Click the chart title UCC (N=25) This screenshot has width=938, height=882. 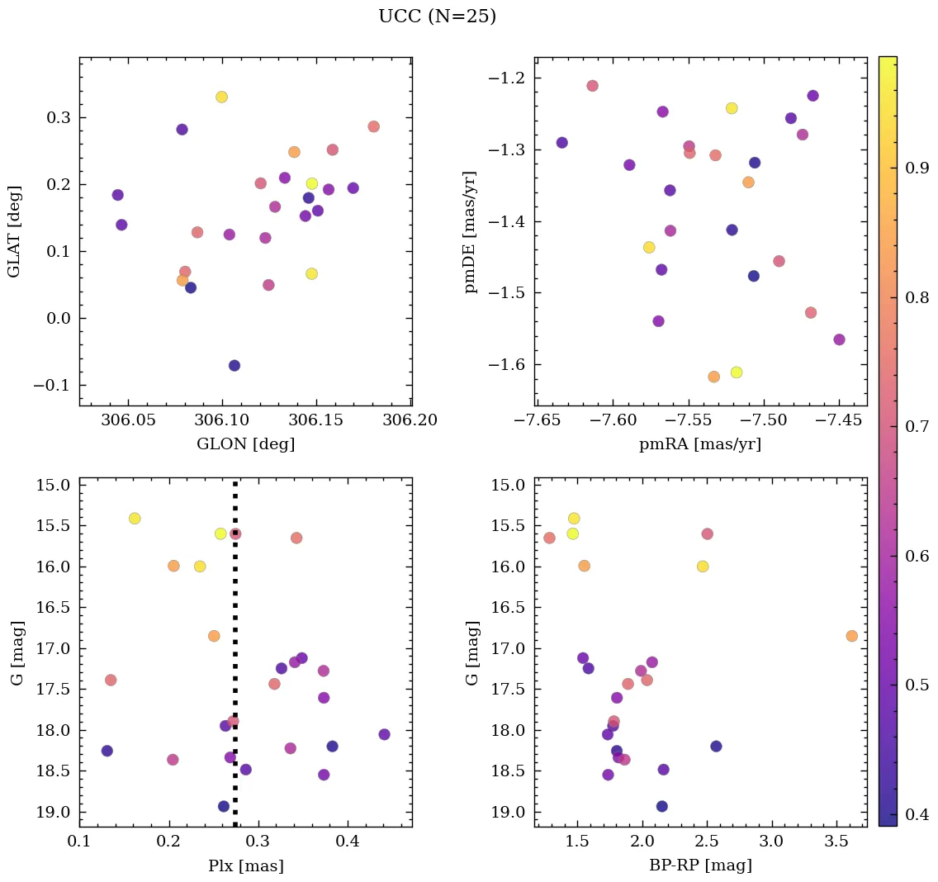coord(437,17)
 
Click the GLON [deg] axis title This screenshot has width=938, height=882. coord(245,444)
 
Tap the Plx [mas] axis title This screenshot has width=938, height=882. coord(245,865)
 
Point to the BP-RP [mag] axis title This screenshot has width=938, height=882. coord(700,865)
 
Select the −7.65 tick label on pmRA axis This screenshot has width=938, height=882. coord(537,421)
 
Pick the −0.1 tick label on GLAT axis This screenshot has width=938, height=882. coord(51,386)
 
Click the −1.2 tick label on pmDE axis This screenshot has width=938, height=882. coord(508,78)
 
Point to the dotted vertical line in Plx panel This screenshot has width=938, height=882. coord(235,661)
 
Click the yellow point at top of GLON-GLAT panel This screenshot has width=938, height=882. coord(221,97)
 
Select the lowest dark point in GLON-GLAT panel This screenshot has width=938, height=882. coord(234,365)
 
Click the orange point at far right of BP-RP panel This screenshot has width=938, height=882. coord(851,636)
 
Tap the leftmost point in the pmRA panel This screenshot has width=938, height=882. coord(561,142)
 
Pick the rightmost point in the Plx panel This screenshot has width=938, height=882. coord(384,734)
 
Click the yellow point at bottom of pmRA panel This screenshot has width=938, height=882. coord(737,372)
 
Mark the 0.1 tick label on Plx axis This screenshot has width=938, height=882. coord(79,842)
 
